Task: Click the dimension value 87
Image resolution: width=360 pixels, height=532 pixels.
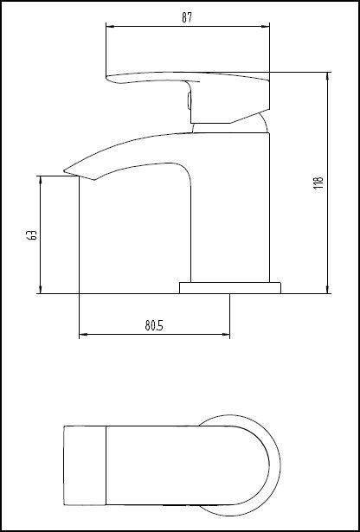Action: [x=187, y=17]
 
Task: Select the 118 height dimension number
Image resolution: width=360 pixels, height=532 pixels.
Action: [x=318, y=183]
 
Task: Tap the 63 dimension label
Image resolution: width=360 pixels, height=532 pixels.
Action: [x=31, y=234]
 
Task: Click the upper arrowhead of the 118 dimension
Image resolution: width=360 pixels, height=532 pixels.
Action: [x=327, y=75]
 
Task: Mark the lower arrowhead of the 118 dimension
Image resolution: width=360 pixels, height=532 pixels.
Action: [x=327, y=290]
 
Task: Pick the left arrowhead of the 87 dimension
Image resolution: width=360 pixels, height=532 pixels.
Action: [x=108, y=26]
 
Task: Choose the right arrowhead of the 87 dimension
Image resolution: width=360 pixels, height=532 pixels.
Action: [x=266, y=26]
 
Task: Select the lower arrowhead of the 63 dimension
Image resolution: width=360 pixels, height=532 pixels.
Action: [x=40, y=290]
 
